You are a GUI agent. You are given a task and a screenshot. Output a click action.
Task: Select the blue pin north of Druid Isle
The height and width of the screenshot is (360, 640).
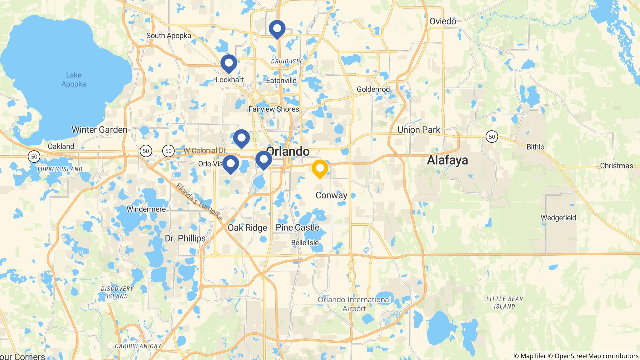277,28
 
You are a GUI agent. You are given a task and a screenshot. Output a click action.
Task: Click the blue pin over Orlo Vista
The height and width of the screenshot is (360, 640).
231,163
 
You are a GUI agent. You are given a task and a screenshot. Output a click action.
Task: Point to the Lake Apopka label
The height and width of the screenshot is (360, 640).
74,79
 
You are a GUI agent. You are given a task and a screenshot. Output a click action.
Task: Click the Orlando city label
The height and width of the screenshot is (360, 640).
288,152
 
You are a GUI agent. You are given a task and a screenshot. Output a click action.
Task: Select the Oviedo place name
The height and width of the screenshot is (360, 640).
443,21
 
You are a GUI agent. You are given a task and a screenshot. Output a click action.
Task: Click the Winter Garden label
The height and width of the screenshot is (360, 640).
99,130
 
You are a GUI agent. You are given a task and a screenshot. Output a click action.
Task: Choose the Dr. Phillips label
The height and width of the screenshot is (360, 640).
185,238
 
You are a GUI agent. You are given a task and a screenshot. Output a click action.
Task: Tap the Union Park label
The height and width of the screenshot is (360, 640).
419,130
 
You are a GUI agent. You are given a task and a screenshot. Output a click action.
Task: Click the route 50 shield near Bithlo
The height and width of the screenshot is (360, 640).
492,136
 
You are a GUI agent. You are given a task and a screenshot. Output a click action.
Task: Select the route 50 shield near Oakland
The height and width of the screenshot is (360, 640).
34,156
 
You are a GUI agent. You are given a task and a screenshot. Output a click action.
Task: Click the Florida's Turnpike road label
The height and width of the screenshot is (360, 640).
199,202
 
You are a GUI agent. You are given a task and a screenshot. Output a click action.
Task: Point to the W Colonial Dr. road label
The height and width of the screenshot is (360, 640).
205,151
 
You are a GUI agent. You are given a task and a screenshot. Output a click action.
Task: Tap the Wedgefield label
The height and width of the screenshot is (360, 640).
558,218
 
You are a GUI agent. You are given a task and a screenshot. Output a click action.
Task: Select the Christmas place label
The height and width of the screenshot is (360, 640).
617,166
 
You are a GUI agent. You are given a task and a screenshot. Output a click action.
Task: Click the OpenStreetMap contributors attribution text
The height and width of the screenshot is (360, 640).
596,356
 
